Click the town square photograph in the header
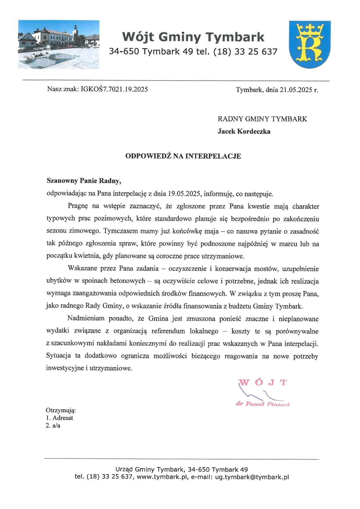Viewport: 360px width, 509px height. point(59,44)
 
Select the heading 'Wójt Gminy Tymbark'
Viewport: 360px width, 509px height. point(193,37)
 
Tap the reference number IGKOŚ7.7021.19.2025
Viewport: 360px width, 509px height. point(114,89)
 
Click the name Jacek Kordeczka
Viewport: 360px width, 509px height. point(244,131)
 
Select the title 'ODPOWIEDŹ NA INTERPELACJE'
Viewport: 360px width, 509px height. point(183,156)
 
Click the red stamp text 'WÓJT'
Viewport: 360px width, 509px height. point(263,382)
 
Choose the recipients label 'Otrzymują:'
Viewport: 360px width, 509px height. point(61,411)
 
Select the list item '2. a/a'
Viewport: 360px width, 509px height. point(53,426)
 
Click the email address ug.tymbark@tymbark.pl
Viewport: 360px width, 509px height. point(252,477)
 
